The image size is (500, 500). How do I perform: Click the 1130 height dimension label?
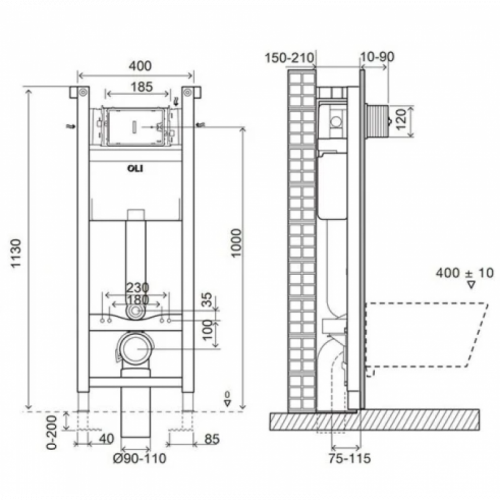pyautogui.click(x=16, y=253)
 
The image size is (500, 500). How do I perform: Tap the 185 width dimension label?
pyautogui.click(x=142, y=87)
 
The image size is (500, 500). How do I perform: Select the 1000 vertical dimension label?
pyautogui.click(x=236, y=243)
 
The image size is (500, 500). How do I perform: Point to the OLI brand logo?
pyautogui.click(x=135, y=169)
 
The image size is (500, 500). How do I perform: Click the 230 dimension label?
pyautogui.click(x=137, y=287)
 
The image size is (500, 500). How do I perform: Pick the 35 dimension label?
pyautogui.click(x=207, y=299)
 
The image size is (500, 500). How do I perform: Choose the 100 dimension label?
pyautogui.click(x=207, y=330)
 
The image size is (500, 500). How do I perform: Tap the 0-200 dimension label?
pyautogui.click(x=52, y=432)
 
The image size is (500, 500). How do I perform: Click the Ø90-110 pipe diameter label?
pyautogui.click(x=139, y=458)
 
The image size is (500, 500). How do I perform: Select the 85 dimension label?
pyautogui.click(x=212, y=439)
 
